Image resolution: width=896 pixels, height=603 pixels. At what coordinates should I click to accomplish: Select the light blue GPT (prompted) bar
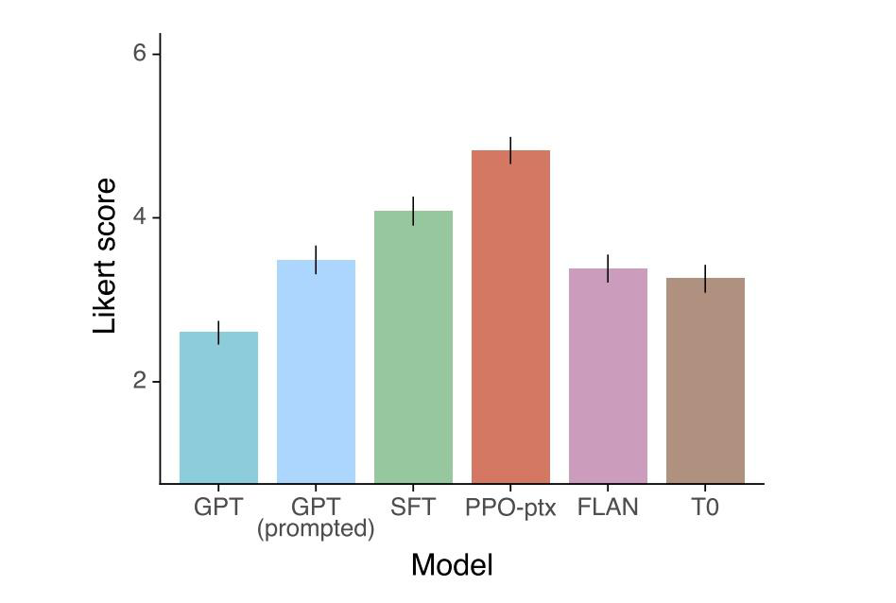(316, 370)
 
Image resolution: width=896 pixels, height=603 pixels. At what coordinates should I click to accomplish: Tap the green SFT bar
(413, 346)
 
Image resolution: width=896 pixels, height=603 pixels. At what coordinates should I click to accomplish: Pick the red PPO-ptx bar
(510, 316)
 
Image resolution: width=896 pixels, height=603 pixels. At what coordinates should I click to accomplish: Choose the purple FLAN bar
(608, 375)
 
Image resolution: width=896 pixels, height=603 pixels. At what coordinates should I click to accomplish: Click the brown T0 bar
(705, 380)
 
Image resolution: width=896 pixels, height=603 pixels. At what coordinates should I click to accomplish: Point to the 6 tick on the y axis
(140, 54)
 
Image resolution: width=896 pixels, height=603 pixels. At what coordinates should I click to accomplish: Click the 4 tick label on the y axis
(140, 217)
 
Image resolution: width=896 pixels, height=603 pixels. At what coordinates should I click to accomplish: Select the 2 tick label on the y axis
(140, 382)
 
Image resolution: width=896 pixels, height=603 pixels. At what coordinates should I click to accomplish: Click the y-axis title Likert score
(106, 255)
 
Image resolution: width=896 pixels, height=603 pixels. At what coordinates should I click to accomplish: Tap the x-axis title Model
(452, 565)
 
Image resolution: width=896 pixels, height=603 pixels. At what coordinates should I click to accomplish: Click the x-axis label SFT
(413, 508)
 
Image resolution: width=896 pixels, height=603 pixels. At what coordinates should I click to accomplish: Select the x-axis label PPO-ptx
(510, 508)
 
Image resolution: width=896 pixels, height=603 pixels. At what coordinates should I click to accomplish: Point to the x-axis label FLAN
(608, 508)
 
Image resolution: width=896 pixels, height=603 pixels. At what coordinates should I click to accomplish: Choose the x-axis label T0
(705, 508)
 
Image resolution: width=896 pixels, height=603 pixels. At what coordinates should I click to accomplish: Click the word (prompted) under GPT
(316, 529)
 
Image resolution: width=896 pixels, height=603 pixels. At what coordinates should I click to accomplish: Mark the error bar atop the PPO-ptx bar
(510, 150)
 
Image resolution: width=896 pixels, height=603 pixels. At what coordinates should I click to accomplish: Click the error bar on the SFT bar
(413, 211)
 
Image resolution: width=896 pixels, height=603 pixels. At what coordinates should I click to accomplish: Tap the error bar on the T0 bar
(705, 279)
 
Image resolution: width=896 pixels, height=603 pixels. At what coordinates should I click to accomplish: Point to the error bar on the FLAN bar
(608, 268)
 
